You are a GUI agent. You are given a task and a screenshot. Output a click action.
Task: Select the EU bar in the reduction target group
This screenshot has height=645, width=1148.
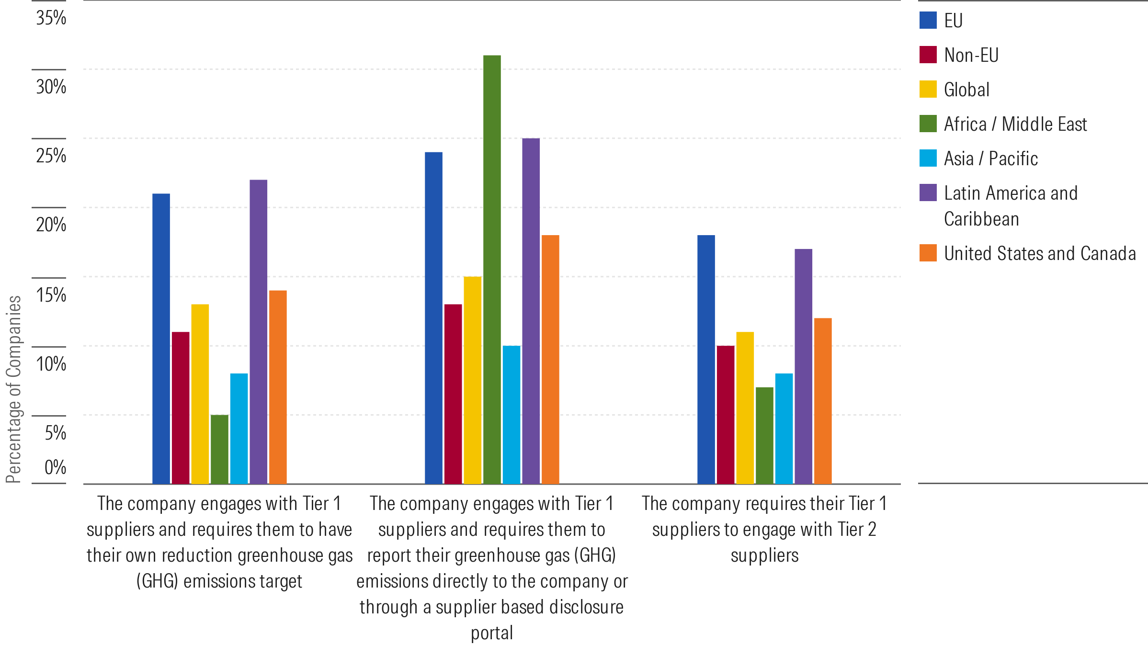click(x=161, y=338)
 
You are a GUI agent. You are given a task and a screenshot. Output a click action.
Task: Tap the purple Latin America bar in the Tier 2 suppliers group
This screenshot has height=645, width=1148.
click(x=803, y=366)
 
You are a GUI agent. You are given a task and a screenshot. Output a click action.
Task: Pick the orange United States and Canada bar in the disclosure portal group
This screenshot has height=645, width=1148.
click(x=550, y=359)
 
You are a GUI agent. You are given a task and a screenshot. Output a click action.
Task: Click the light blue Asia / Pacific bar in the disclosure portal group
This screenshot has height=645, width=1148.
click(x=511, y=414)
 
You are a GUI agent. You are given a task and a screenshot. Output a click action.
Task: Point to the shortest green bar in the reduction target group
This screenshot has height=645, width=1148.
click(x=219, y=449)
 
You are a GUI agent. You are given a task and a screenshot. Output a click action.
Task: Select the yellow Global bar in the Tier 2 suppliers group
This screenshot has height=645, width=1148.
click(x=745, y=407)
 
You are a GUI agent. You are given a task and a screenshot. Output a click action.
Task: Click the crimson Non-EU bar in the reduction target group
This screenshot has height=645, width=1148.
click(x=181, y=407)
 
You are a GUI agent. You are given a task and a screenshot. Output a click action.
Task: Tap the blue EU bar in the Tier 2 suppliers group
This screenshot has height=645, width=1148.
click(x=706, y=359)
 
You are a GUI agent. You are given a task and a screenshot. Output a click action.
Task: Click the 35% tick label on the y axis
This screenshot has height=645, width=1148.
click(x=51, y=18)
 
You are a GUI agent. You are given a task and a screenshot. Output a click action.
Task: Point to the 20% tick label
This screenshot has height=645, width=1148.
click(x=51, y=225)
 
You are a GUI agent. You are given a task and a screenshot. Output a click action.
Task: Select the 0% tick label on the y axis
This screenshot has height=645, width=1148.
click(x=55, y=467)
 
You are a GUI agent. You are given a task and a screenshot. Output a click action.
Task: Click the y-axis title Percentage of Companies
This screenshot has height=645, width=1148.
click(x=13, y=389)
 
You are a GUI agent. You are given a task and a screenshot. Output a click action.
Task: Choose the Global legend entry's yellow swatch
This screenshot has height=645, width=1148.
click(x=928, y=90)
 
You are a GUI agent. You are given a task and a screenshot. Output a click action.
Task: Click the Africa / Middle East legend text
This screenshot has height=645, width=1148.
click(x=1015, y=124)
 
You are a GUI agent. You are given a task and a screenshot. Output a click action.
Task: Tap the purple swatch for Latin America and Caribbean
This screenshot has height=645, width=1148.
click(x=928, y=192)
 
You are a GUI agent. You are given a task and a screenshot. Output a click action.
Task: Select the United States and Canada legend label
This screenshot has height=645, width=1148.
click(x=1040, y=253)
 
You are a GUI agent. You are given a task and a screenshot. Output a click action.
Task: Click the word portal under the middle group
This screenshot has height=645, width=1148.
click(x=492, y=633)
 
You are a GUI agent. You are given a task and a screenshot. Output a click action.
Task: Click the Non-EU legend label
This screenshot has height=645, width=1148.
click(x=971, y=55)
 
